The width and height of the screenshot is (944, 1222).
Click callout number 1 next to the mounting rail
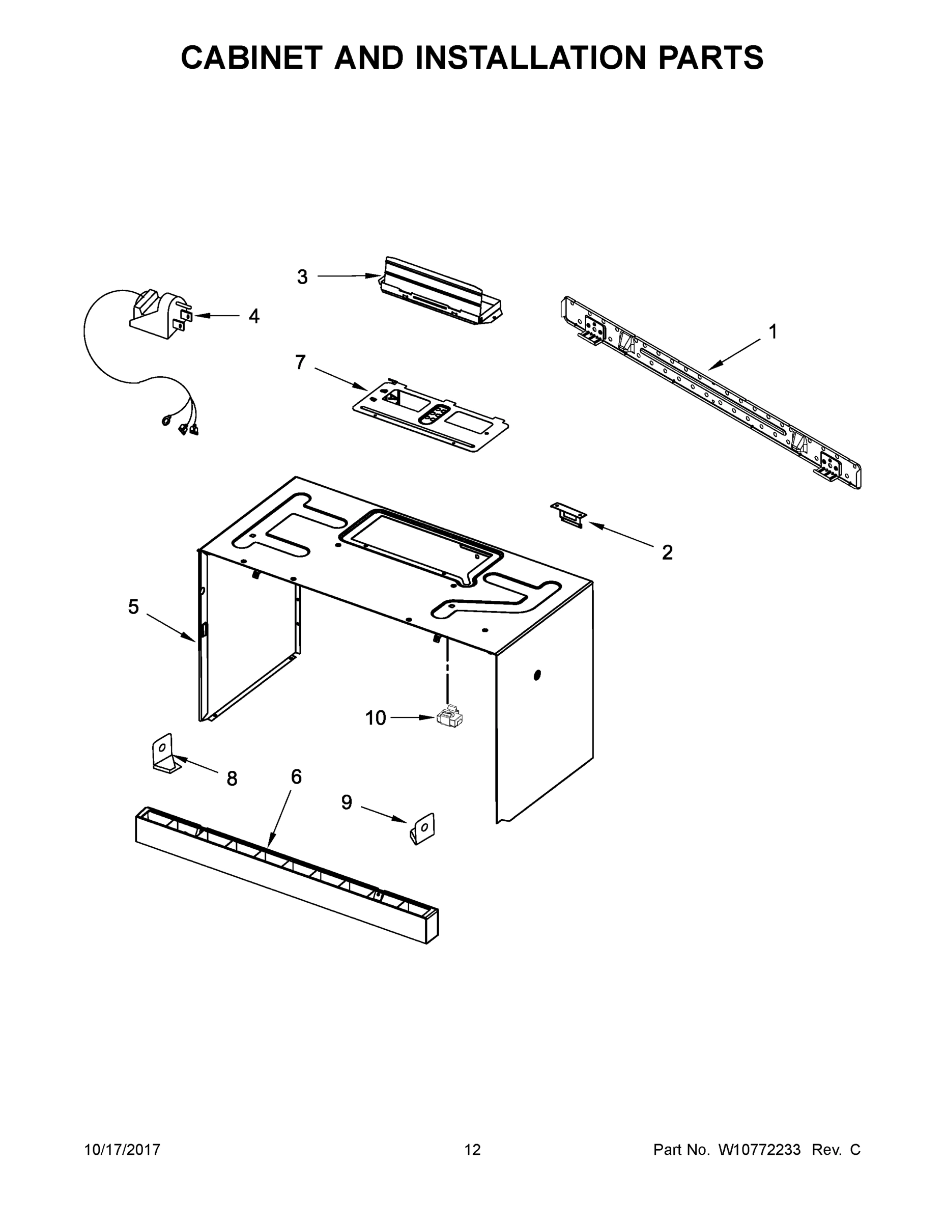coord(773,332)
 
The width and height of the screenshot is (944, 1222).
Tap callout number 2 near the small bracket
coord(667,553)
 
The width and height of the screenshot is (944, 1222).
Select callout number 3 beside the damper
coord(302,277)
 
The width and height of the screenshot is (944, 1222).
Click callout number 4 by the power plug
coord(254,316)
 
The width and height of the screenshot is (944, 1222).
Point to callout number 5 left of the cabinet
coord(133,606)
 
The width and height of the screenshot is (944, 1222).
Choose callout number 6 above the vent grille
coord(296,776)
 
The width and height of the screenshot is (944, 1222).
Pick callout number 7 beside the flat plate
coord(300,363)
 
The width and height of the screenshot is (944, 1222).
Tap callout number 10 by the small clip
coord(375,718)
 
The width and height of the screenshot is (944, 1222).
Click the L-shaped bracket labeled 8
coord(164,754)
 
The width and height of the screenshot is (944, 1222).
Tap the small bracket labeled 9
coord(423,828)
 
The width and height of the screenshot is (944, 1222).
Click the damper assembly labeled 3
coord(439,294)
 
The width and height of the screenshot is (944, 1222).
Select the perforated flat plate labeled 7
coord(431,414)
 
